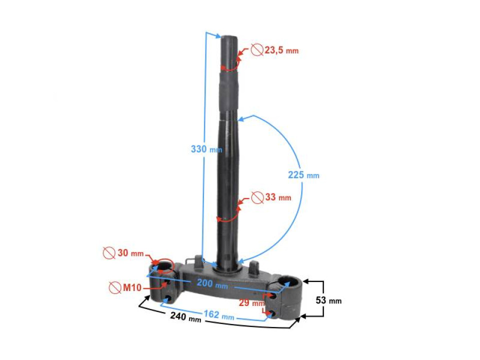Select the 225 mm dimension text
(x=303, y=175)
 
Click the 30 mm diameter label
(x=129, y=253)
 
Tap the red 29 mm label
(x=251, y=303)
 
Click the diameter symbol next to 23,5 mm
(x=257, y=50)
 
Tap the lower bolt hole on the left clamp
(x=168, y=299)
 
